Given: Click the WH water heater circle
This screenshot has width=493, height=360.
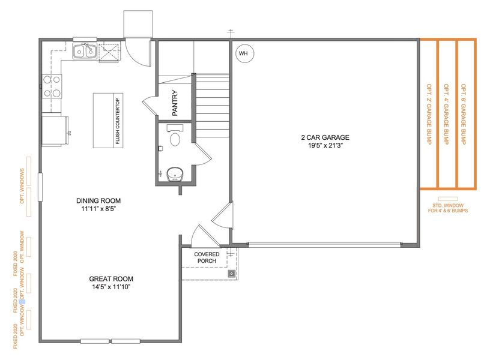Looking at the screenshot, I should [x=243, y=53].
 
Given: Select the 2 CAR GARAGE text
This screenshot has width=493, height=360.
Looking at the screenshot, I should [x=325, y=137].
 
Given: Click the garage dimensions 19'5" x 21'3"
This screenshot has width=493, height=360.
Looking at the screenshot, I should [x=325, y=145].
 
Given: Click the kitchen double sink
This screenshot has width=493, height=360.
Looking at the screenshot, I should [x=85, y=52].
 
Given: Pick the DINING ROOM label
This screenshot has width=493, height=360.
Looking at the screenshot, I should [x=99, y=200].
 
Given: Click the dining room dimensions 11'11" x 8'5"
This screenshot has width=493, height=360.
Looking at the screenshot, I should [x=99, y=209].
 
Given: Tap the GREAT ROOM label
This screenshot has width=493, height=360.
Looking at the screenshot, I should [x=110, y=278].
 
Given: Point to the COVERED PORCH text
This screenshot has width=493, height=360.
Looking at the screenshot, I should [x=207, y=258].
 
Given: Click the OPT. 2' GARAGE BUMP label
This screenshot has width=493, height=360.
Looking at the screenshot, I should [x=429, y=113].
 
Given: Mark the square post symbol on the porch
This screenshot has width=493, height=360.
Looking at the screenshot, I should [x=231, y=274].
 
